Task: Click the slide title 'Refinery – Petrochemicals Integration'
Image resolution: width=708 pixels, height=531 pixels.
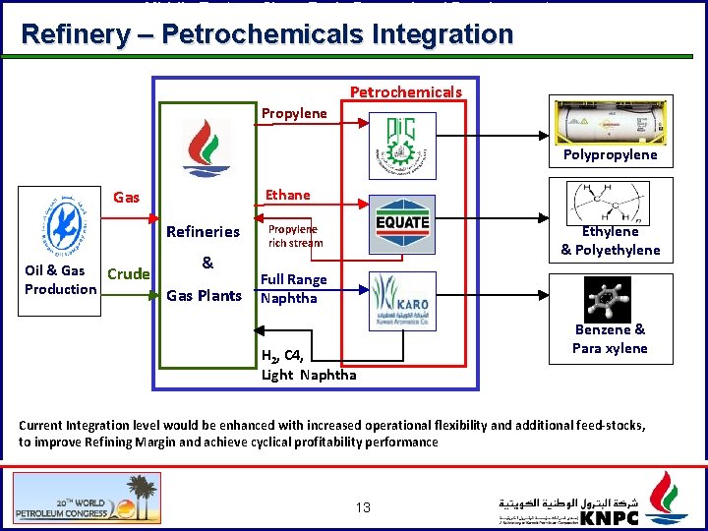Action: pos(266,35)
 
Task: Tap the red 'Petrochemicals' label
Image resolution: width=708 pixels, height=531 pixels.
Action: pos(405,92)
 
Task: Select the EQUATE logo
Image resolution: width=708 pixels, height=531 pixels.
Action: pos(403,223)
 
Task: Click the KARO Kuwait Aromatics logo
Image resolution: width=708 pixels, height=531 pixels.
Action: pos(403,301)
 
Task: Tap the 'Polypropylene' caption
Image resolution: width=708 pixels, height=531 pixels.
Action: pos(610,154)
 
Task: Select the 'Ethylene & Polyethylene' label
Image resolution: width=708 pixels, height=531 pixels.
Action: pos(610,241)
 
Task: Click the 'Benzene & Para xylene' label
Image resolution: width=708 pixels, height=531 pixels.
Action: pos(610,339)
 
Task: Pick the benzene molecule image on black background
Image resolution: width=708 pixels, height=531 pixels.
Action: pos(609,297)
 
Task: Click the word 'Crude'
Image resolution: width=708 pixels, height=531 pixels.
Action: pos(128,274)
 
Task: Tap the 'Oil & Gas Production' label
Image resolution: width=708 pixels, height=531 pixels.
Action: pos(60,279)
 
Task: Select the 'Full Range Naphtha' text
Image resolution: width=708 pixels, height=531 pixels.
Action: pos(294,289)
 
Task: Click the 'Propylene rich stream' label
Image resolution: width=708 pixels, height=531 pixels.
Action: pos(295,236)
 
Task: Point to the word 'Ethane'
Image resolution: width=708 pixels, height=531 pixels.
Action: pos(287,195)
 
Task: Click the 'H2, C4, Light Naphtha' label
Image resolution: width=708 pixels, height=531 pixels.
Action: pos(309,365)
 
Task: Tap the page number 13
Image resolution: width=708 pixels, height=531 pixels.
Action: pos(363,507)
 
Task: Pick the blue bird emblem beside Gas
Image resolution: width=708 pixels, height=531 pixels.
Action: pos(60,223)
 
